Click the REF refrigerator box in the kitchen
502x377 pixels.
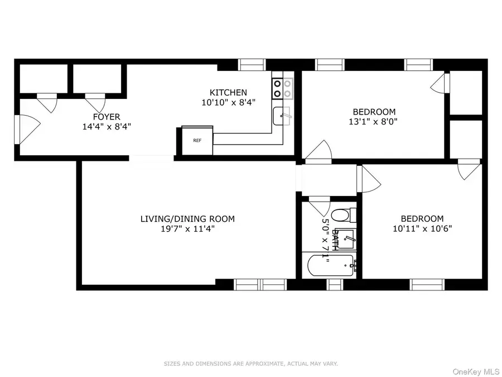click(x=197, y=140)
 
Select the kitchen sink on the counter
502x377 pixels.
click(x=282, y=116)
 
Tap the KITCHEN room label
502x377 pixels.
click(x=228, y=93)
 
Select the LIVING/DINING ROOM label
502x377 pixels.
click(x=187, y=219)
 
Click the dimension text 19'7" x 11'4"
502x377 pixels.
click(x=187, y=228)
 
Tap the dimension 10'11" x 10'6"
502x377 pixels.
click(x=422, y=228)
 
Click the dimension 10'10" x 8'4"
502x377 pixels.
click(x=228, y=102)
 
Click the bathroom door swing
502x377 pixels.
click(x=319, y=206)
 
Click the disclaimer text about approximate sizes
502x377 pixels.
click(x=250, y=364)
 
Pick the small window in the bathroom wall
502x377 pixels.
click(x=334, y=285)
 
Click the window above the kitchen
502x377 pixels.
click(x=253, y=65)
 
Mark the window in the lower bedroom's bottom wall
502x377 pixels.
click(x=428, y=285)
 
